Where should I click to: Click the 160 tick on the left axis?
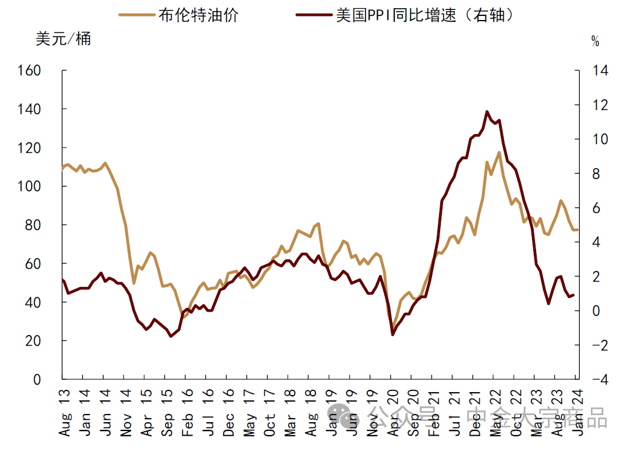(46, 71)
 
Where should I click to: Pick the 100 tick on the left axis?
(46, 186)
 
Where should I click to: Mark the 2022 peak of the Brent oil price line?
(499, 152)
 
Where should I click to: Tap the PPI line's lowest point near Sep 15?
(171, 336)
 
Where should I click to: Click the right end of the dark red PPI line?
(574, 295)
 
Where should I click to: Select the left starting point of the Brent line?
(62, 168)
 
